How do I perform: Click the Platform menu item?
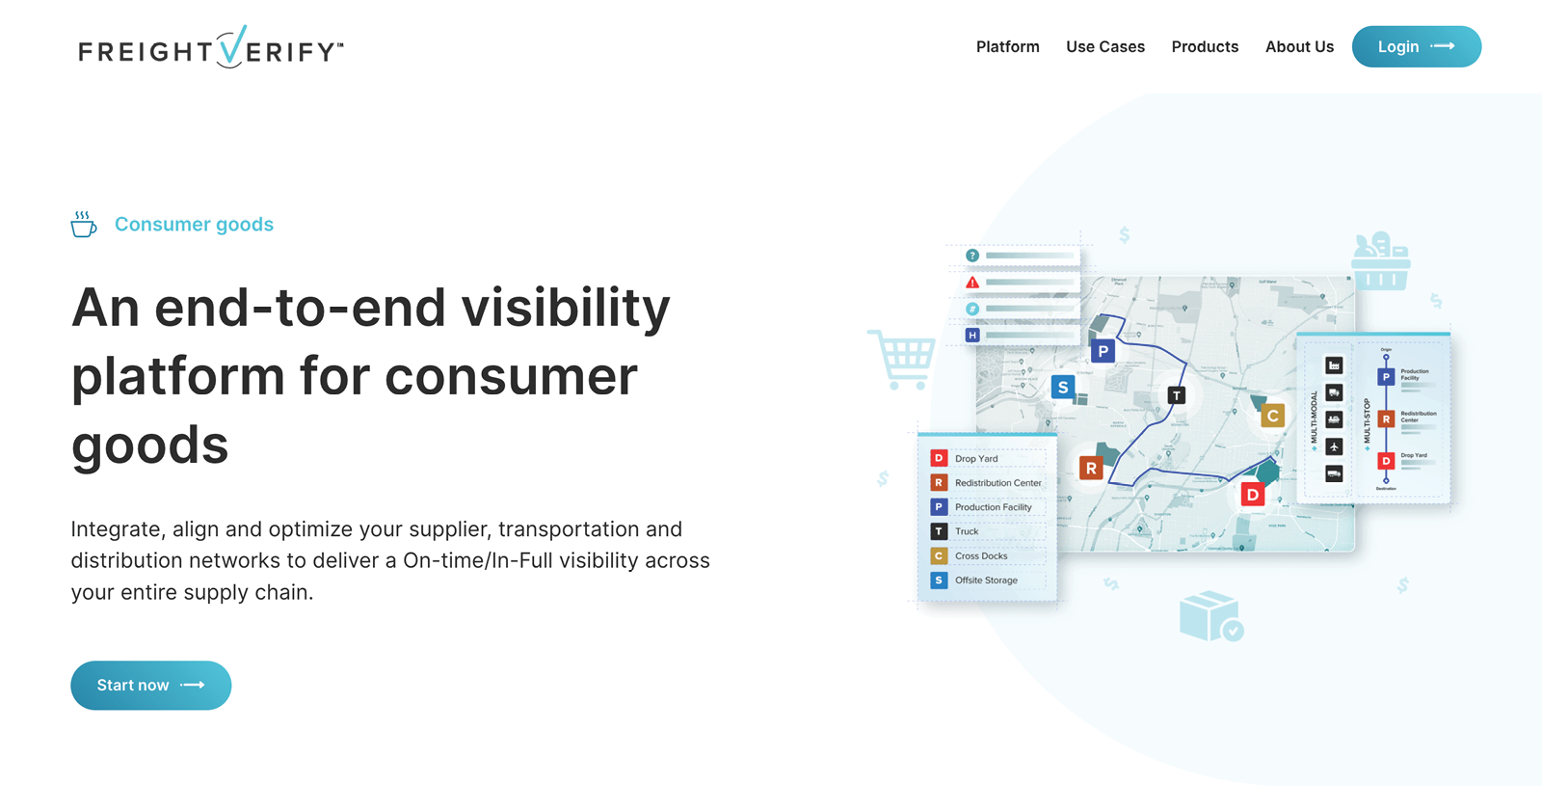point(1007,46)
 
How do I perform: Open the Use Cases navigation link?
point(1104,46)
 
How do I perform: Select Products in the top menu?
point(1205,46)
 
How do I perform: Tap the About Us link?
point(1299,46)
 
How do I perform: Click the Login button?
point(1416,46)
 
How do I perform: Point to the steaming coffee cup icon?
point(84,225)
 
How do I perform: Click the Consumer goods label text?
point(194,225)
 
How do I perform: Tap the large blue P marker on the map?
point(1103,351)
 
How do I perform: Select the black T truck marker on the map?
point(1176,395)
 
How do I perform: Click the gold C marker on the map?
point(1272,416)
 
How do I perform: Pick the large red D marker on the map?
point(1252,495)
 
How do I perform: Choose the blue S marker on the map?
point(1062,388)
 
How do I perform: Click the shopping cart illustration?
point(903,359)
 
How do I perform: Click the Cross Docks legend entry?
point(980,556)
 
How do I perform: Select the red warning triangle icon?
point(972,283)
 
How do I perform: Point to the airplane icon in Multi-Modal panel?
point(1334,446)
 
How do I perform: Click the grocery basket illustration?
point(1380,261)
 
